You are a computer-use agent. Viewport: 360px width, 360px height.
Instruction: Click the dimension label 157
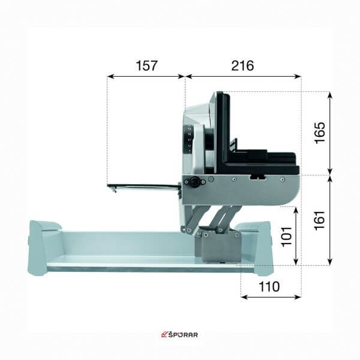click(x=147, y=65)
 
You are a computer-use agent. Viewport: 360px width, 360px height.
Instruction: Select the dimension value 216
click(x=242, y=65)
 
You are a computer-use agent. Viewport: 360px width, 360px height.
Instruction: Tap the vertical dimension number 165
click(x=320, y=133)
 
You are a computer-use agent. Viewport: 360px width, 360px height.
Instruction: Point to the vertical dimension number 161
click(x=320, y=221)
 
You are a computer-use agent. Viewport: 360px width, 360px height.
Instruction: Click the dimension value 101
click(x=286, y=237)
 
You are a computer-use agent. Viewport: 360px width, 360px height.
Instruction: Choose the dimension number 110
click(x=269, y=287)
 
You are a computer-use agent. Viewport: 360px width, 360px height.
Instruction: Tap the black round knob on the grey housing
click(x=194, y=181)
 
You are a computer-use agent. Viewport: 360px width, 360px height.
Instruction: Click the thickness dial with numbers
click(x=189, y=139)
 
